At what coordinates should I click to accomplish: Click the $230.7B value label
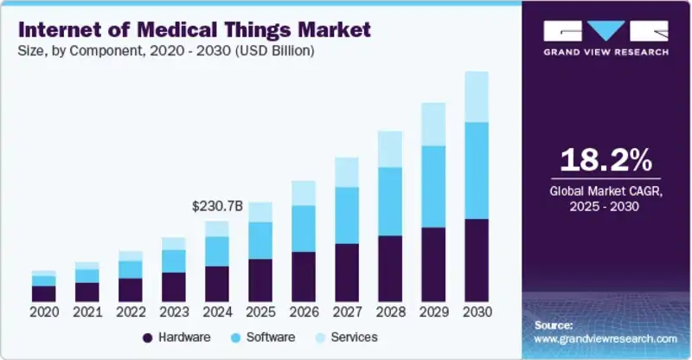pos(217,207)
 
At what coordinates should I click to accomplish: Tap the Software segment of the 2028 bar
pos(390,201)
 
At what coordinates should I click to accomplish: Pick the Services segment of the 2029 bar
pos(433,124)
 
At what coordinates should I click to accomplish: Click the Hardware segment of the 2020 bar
pos(43,293)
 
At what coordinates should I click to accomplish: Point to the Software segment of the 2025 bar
pos(260,240)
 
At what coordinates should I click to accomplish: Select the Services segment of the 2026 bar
pos(304,193)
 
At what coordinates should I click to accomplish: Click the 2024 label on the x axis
pos(217,312)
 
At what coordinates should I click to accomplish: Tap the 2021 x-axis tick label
pos(86,312)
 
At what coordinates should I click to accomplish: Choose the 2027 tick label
pos(347,312)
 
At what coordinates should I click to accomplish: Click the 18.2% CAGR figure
pos(605,161)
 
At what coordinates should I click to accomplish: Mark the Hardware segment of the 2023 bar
pos(173,286)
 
